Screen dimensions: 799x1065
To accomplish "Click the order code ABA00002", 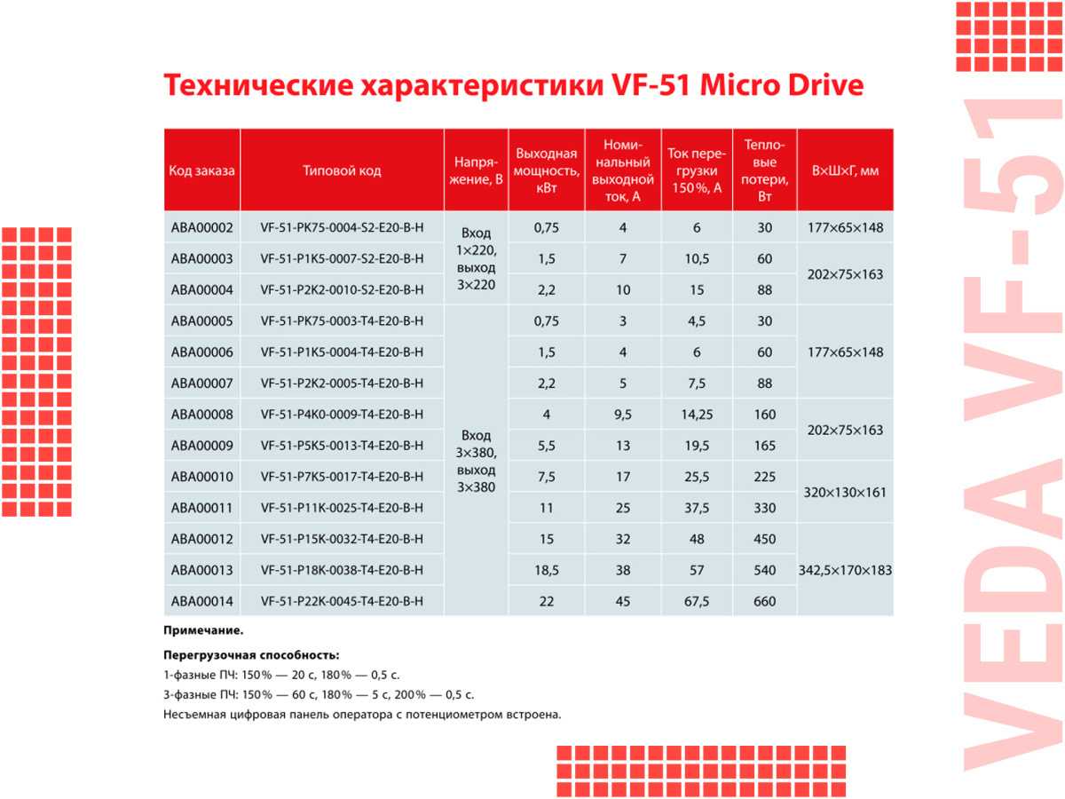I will pos(201,228).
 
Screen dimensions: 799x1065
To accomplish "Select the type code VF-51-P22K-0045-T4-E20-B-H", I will pos(342,601).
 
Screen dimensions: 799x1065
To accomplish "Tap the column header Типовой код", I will pos(342,170).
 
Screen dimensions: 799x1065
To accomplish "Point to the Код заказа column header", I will pos(201,170).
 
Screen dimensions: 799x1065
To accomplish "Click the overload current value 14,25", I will pos(697,415).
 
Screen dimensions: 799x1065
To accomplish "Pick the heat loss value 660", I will pos(764,601).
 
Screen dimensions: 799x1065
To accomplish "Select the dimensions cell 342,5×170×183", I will pos(845,570).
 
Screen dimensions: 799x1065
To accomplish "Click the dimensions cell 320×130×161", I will pos(845,492).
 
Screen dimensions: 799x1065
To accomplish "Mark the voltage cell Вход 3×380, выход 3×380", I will pos(475,462).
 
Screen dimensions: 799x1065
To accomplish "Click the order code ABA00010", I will pos(201,477).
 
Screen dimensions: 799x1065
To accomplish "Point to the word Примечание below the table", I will pos(203,630).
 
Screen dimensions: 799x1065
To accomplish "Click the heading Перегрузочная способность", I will pos(251,654).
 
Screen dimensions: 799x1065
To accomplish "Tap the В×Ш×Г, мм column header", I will pos(845,170).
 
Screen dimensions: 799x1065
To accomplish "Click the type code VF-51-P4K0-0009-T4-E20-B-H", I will pos(342,415).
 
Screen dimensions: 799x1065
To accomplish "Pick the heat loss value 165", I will pos(764,446).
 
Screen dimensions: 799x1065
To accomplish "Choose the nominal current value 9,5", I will pos(623,415).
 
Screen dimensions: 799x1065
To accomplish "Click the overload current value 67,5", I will pos(697,601).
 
